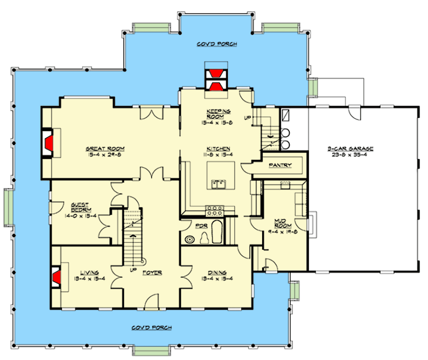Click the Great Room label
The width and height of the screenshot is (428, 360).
(x=105, y=148)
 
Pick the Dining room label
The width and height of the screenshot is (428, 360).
(x=217, y=272)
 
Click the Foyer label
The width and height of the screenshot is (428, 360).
(x=152, y=273)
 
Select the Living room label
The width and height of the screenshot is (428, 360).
(x=89, y=272)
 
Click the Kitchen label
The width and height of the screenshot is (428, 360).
(x=218, y=148)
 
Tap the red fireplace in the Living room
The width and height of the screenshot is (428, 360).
(x=56, y=277)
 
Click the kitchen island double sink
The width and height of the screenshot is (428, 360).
(x=220, y=184)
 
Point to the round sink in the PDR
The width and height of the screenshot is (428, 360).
(x=188, y=239)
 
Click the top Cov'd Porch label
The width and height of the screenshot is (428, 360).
(x=217, y=44)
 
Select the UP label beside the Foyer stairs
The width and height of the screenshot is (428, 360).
(x=133, y=270)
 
